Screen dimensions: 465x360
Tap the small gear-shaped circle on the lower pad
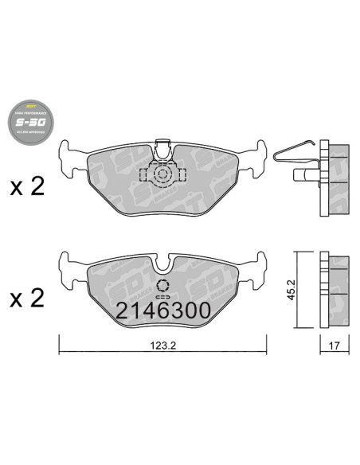click(x=164, y=285)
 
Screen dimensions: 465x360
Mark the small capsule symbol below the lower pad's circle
click(x=164, y=298)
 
